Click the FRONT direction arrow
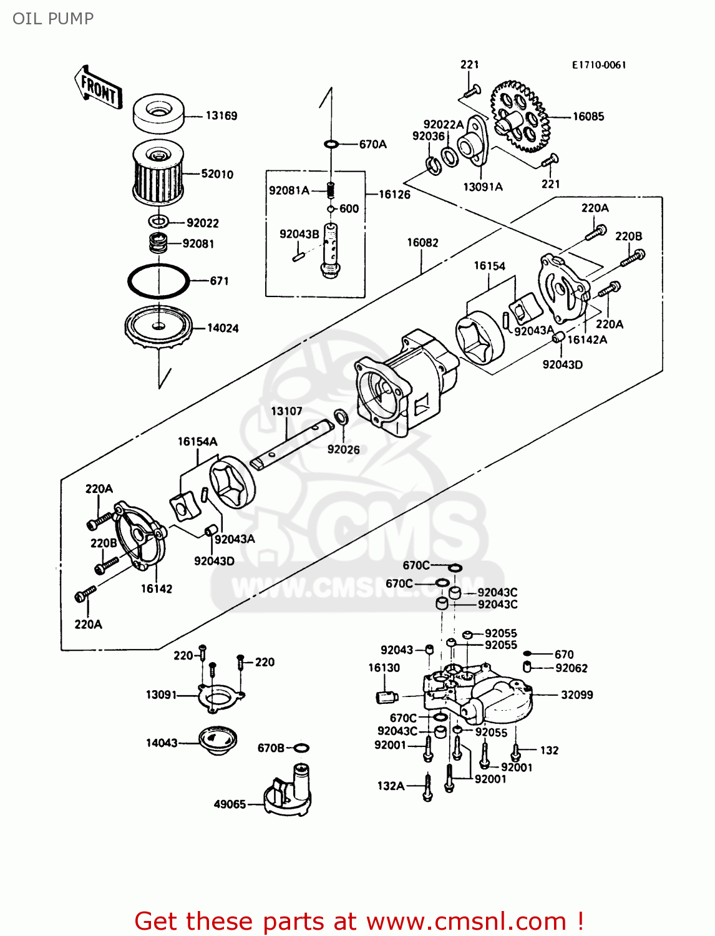pyautogui.click(x=98, y=88)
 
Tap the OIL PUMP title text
pyautogui.click(x=53, y=19)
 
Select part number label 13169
pyautogui.click(x=221, y=115)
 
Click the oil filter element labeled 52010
pyautogui.click(x=158, y=172)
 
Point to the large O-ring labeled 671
pyautogui.click(x=158, y=281)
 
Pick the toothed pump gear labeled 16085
pyautogui.click(x=520, y=116)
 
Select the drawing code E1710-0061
pyautogui.click(x=598, y=65)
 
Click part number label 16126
pyautogui.click(x=394, y=195)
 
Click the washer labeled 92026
pyautogui.click(x=341, y=416)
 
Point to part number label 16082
pyautogui.click(x=422, y=242)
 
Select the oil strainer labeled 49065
pyautogui.click(x=288, y=791)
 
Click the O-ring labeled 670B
pyautogui.click(x=301, y=748)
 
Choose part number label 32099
pyautogui.click(x=576, y=695)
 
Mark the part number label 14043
pyautogui.click(x=162, y=743)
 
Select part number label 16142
pyautogui.click(x=156, y=588)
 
